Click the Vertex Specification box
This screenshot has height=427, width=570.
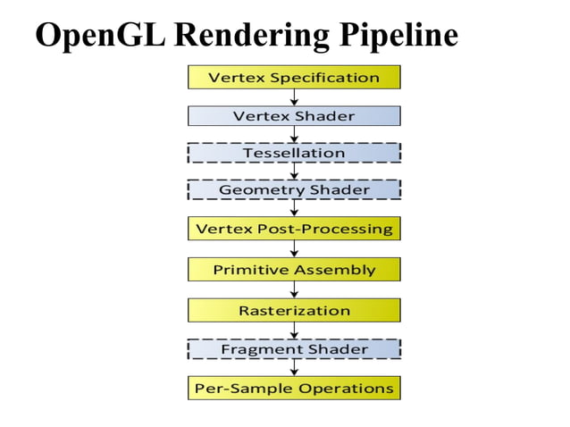coord(294,77)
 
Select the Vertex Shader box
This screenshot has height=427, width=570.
coord(294,116)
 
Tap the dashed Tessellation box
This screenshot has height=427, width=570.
coord(294,153)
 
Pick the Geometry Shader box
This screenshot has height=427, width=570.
coord(294,189)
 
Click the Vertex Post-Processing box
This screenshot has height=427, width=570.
coord(294,229)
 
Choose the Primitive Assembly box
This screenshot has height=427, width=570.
coord(294,269)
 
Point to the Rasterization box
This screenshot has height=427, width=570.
coord(294,310)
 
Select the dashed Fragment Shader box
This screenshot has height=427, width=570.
coord(294,349)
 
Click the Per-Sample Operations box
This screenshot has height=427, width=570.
coord(294,389)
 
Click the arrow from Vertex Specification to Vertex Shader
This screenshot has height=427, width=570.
coord(294,97)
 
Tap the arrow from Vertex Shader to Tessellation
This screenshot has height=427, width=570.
coord(294,135)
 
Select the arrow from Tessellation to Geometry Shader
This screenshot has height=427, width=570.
coord(294,172)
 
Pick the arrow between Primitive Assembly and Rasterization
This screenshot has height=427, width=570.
coord(294,289)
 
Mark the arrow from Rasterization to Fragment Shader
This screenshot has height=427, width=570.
coord(294,330)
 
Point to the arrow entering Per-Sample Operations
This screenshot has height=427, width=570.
coord(294,368)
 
